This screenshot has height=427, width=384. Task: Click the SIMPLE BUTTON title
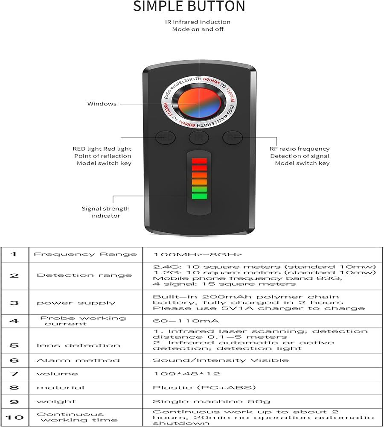[x=189, y=6]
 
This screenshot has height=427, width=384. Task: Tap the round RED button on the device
[x=165, y=137]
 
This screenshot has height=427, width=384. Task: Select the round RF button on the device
[x=233, y=137]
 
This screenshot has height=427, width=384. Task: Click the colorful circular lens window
[x=199, y=104]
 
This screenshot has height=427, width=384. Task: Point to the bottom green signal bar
[x=199, y=196]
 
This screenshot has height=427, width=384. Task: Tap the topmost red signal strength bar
[x=199, y=161]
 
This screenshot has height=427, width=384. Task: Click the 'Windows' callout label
[x=102, y=104]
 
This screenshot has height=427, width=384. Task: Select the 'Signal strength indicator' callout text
[x=105, y=212]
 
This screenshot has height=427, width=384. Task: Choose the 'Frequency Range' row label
[x=85, y=254]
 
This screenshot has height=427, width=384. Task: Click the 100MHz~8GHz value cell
[x=198, y=254]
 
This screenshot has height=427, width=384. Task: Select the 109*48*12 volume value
[x=186, y=374]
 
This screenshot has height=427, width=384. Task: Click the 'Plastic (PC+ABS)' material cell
[x=204, y=388]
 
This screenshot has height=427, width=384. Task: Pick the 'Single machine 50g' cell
[x=211, y=401]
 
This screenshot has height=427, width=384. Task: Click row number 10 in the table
[x=14, y=417]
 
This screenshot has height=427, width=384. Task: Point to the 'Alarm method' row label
[x=78, y=360]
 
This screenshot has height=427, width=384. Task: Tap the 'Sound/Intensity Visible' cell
[x=220, y=360]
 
